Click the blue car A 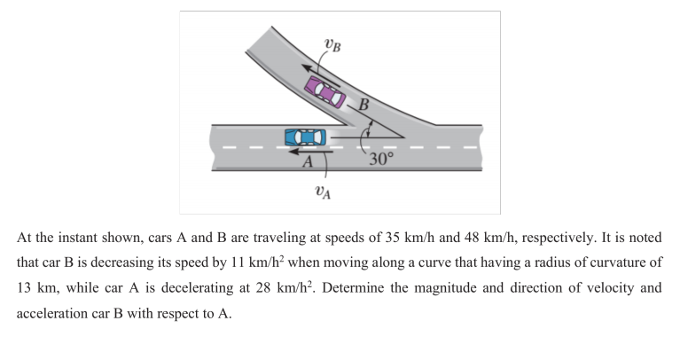click(305, 137)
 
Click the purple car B click(324, 89)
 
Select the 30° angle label click(381, 160)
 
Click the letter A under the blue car click(307, 161)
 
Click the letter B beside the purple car click(363, 105)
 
